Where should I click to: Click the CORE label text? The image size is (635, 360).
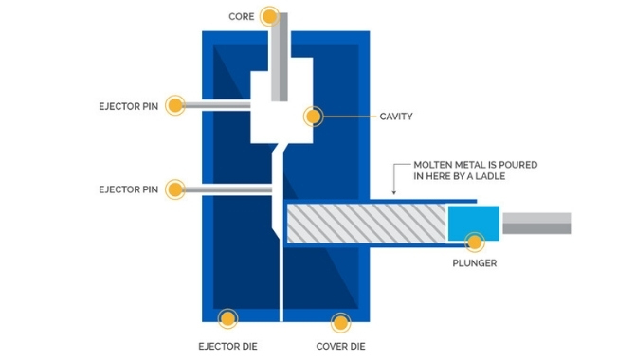coord(243,16)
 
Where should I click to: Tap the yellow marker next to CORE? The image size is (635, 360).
coord(270,16)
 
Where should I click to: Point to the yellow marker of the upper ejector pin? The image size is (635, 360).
coord(174,105)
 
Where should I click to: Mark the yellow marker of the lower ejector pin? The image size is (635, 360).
coord(174,189)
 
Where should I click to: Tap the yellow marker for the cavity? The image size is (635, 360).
coord(313,117)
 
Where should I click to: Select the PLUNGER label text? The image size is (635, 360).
coord(476,262)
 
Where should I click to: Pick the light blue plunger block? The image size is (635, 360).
coord(471,224)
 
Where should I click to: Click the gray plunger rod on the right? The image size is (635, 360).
coord(536,224)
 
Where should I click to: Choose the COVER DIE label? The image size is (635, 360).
coord(340,346)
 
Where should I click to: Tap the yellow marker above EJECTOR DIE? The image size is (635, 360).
coord(227,319)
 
